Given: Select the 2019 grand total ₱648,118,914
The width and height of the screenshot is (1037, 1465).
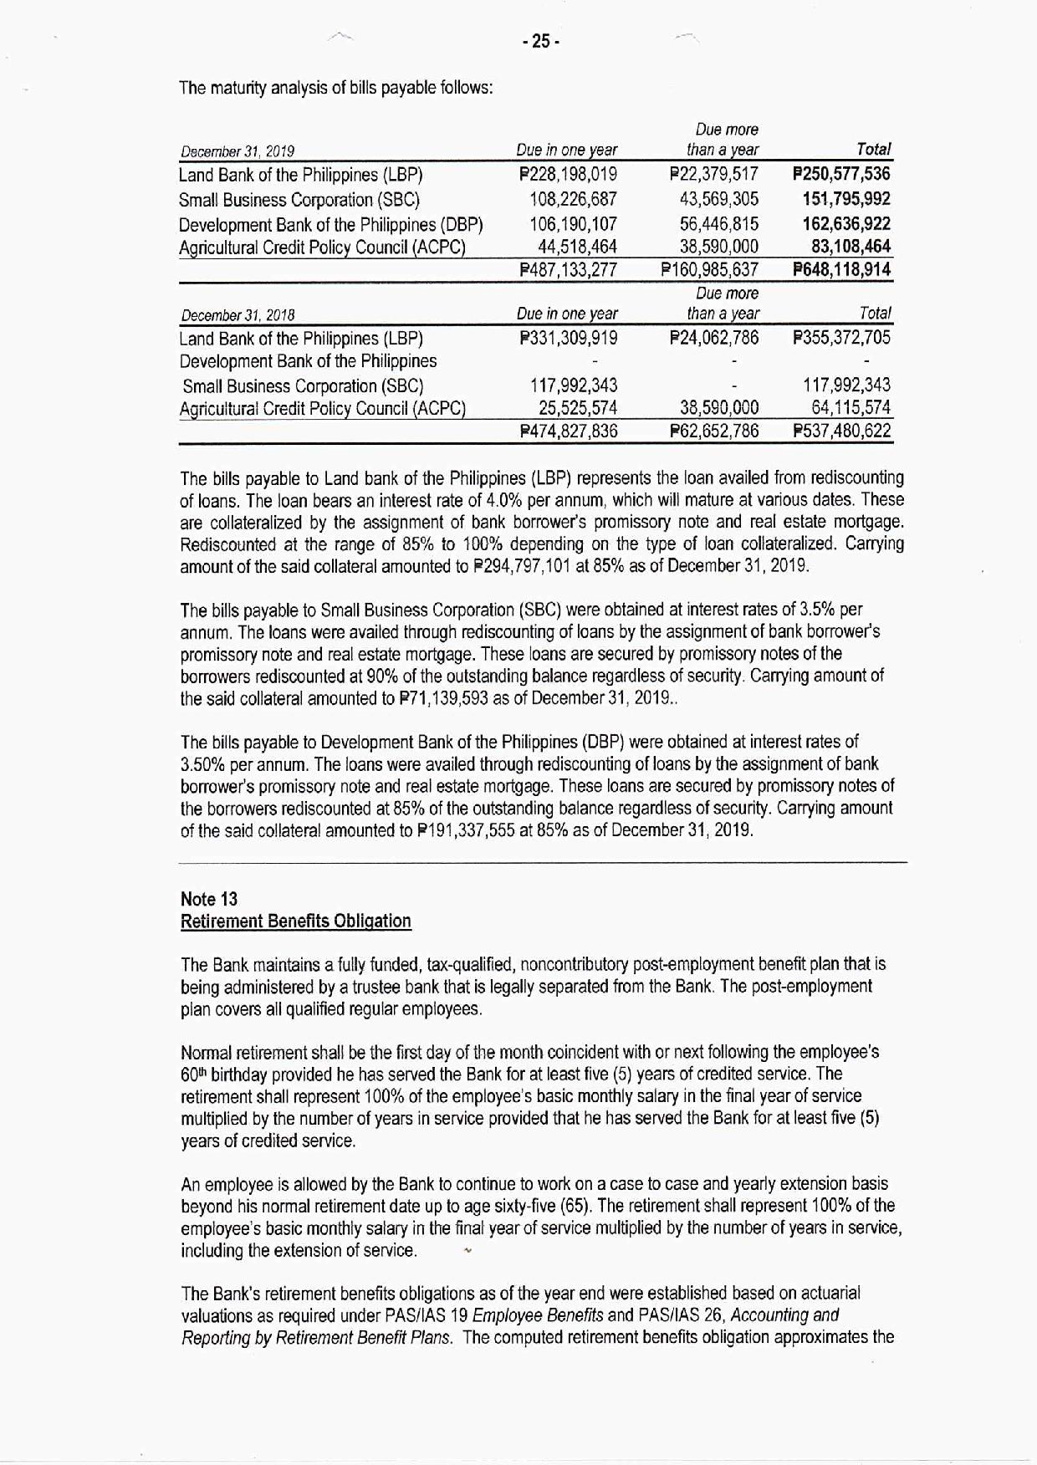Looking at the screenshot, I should click(x=841, y=270).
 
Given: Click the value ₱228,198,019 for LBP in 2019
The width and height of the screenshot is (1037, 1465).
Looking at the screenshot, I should click(x=568, y=175).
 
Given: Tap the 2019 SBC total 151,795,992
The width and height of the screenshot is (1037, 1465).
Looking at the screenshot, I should click(x=846, y=199).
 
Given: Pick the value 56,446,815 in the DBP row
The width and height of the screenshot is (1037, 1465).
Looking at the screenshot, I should click(x=720, y=224).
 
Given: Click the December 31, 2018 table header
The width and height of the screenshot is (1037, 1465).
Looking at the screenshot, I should click(x=236, y=315).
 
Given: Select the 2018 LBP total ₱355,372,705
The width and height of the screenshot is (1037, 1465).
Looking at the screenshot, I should click(x=841, y=339).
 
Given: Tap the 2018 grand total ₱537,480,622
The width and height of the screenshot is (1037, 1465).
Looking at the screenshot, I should click(x=841, y=431).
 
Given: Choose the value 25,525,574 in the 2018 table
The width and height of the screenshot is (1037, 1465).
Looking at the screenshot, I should click(x=578, y=408).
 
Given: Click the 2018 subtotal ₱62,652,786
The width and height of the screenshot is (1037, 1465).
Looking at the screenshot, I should click(x=714, y=431).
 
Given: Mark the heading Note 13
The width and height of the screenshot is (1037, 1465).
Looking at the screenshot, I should click(x=209, y=899).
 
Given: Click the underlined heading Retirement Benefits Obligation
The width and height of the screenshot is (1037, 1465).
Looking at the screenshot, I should click(x=296, y=921).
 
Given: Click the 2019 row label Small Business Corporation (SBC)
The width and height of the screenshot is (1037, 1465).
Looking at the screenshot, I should click(x=299, y=200).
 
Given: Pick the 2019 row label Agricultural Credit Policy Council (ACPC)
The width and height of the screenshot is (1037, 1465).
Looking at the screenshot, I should click(x=322, y=248).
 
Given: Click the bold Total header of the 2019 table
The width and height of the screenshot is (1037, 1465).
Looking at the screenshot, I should click(x=874, y=150).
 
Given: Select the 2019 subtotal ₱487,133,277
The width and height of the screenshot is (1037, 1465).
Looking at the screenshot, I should click(x=568, y=270).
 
